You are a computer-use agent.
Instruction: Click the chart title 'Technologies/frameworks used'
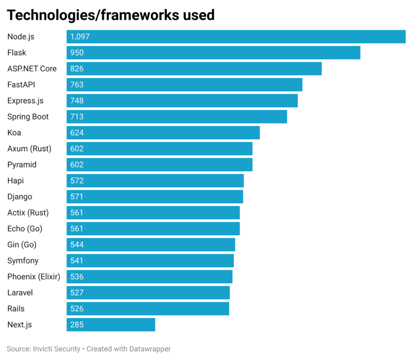[x=111, y=15]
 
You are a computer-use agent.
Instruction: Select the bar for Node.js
[x=236, y=37]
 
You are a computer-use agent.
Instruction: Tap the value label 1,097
[x=79, y=37]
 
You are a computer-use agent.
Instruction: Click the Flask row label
[x=17, y=53]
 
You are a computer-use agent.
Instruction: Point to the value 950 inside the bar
[x=77, y=53]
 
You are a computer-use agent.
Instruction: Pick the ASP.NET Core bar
[x=194, y=69]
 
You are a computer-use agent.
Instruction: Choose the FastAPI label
[x=21, y=85]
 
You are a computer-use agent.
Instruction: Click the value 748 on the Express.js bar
[x=77, y=101]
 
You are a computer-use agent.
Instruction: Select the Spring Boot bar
[x=177, y=117]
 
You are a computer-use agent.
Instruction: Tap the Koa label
[x=14, y=133]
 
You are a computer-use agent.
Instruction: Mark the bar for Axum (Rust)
[x=159, y=149]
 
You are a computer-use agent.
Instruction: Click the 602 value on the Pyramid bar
[x=77, y=165]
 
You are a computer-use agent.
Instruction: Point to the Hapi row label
[x=15, y=181]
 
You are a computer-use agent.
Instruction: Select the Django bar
[x=155, y=197]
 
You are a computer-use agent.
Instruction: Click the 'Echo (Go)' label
[x=25, y=229]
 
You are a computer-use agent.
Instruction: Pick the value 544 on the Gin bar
[x=77, y=245]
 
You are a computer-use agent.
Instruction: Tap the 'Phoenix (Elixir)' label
[x=33, y=276]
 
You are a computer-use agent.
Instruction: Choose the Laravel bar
[x=148, y=293]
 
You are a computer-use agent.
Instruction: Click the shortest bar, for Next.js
[x=111, y=324]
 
